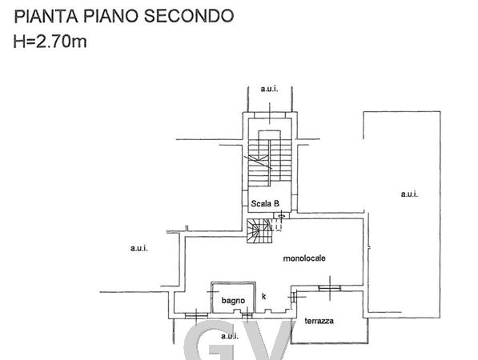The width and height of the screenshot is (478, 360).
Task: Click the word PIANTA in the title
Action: point(46,16)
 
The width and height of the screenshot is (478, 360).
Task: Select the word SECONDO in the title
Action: point(189,16)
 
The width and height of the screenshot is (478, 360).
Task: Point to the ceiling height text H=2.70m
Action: point(50,41)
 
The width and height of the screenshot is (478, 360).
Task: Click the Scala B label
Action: point(265,203)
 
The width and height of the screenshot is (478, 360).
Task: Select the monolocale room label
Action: point(304,258)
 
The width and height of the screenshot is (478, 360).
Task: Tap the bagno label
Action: point(233,301)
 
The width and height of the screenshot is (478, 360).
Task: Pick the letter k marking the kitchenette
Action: point(263,296)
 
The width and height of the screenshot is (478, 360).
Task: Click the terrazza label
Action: point(319,321)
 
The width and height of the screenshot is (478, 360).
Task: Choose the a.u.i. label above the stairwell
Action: point(269,89)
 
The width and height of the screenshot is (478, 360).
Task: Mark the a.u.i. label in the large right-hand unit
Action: point(409,194)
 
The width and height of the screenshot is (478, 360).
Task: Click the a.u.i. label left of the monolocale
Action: point(139,248)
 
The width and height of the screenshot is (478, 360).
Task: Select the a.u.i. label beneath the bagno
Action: point(230,336)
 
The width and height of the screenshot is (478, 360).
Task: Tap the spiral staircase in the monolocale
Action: point(259,231)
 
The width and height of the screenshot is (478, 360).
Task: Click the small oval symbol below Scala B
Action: point(281,216)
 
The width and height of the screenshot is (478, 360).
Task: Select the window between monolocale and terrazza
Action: point(330,288)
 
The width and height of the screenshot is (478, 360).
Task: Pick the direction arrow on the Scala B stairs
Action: point(258,162)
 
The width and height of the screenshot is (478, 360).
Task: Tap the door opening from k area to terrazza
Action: point(293,296)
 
